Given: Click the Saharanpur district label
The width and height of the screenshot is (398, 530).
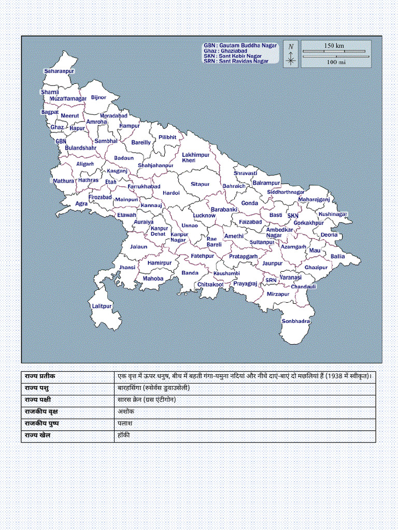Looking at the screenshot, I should [x=59, y=70].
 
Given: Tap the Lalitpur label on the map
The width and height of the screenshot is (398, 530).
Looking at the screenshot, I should [x=102, y=306].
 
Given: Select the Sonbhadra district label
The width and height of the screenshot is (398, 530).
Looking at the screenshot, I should [x=296, y=321].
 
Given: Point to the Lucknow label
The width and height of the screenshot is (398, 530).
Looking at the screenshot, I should [x=204, y=215].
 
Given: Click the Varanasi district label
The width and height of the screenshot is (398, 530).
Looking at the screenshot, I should [x=290, y=277].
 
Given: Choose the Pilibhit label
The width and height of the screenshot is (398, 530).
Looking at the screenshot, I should [x=167, y=137].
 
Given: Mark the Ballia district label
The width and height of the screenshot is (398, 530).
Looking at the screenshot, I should [x=337, y=256].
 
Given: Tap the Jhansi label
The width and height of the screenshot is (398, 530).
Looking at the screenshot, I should [x=127, y=268].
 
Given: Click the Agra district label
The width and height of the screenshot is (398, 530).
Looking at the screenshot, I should [x=81, y=204].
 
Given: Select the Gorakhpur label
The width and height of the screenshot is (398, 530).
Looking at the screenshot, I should [x=308, y=223].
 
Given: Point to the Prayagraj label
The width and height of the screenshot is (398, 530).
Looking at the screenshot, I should [x=245, y=284].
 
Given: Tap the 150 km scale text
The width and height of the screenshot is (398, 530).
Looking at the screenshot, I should [x=334, y=46].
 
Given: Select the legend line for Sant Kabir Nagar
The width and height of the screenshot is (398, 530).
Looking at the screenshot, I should [x=233, y=56].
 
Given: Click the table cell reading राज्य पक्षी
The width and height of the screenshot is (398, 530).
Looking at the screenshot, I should [x=38, y=400].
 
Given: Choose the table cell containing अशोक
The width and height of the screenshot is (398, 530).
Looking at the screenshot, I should [x=125, y=412].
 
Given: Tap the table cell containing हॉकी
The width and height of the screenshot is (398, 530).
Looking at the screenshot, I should [x=123, y=435].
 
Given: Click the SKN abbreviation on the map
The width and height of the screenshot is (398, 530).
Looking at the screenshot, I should [x=293, y=215].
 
